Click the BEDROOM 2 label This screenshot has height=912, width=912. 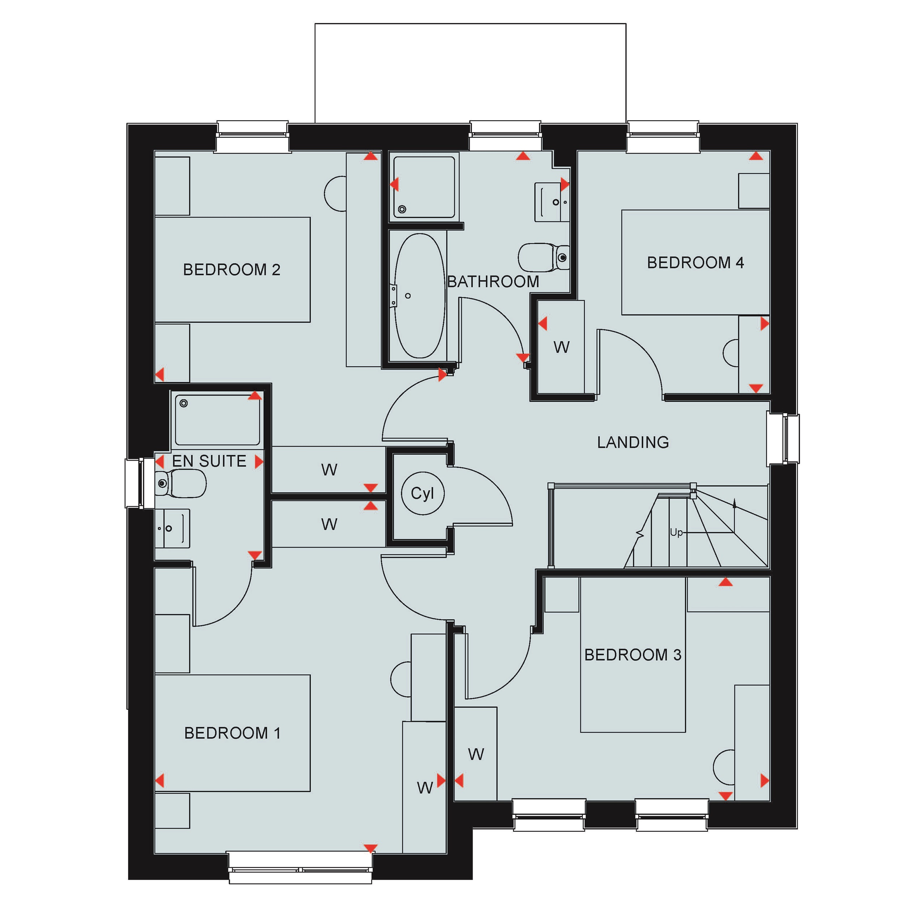tap(231, 270)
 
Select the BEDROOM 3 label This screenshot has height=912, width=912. tap(633, 655)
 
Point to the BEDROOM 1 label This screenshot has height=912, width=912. tap(232, 733)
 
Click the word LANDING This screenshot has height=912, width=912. tap(633, 442)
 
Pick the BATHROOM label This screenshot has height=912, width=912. tap(493, 282)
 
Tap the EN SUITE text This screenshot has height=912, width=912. tap(209, 461)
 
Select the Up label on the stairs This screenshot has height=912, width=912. tap(676, 532)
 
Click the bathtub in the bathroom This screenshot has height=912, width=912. tap(420, 296)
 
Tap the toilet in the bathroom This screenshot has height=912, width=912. tap(544, 257)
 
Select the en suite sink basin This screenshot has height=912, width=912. tap(172, 528)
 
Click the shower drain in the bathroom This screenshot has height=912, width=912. tap(402, 209)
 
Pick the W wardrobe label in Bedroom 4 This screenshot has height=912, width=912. tap(561, 347)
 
